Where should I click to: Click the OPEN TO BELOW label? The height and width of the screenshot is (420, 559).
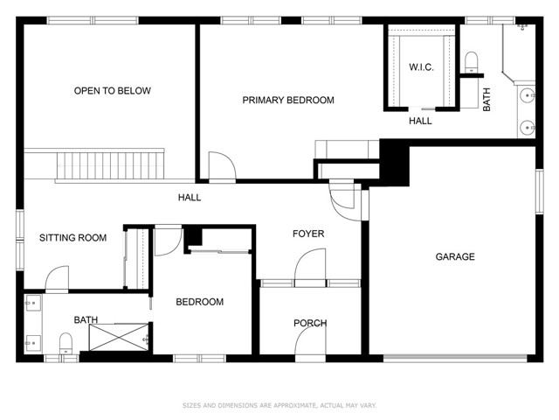(112, 91)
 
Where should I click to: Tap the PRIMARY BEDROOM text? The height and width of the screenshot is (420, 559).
(287, 101)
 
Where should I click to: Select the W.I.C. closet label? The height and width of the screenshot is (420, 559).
(421, 67)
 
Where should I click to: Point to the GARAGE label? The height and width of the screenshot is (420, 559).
(455, 256)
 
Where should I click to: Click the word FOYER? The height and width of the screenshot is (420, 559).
(307, 234)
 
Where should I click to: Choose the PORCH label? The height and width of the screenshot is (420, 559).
(309, 323)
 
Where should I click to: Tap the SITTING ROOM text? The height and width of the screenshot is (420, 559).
(72, 238)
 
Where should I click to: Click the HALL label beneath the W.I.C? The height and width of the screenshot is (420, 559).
(420, 121)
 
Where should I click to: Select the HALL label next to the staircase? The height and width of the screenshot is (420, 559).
(190, 198)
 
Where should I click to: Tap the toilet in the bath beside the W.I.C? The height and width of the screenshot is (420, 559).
(472, 60)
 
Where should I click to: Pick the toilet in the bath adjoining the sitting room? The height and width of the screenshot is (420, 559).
(66, 343)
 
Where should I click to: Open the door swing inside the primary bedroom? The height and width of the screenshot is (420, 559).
(219, 166)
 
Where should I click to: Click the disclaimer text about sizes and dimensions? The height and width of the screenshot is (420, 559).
(279, 405)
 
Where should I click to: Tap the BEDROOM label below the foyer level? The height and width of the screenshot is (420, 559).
(199, 302)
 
